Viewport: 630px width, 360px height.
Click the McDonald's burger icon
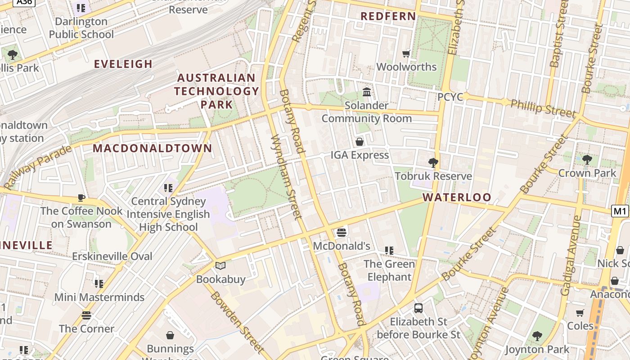342,233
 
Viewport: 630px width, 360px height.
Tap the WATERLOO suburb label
457,197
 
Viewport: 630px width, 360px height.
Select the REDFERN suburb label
388,16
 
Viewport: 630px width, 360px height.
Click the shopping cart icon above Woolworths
406,54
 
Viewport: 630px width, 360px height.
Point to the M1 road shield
620,211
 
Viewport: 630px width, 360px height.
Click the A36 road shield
24,2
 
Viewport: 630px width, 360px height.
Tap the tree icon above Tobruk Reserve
433,162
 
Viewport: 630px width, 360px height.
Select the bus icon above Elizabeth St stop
418,308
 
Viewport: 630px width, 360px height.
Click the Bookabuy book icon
220,266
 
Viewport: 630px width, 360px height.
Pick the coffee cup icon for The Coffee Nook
81,198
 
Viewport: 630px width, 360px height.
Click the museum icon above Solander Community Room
367,92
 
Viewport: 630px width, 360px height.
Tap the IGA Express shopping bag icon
360,142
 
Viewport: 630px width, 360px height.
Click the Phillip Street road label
543,108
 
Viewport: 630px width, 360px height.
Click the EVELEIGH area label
123,64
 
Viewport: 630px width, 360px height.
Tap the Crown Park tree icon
587,159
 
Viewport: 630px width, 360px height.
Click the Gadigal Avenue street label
571,255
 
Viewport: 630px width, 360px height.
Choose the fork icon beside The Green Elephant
389,251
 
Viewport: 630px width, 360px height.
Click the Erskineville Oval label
112,256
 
